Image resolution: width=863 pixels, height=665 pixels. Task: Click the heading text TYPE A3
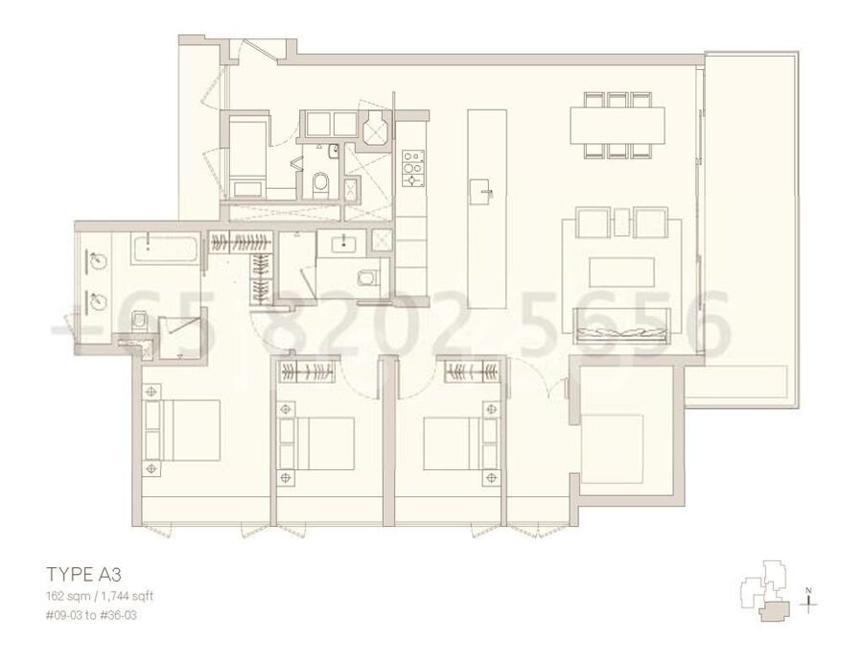(x=84, y=574)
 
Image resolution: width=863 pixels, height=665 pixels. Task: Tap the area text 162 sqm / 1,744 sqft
(x=100, y=596)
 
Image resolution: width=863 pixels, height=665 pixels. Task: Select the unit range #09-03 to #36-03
(x=91, y=614)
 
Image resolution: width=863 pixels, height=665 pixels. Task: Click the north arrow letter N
(x=808, y=591)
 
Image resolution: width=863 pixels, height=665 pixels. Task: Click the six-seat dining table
(x=617, y=126)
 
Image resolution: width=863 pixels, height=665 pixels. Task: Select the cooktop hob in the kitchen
(x=413, y=169)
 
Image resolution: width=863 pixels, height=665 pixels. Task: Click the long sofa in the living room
(x=621, y=325)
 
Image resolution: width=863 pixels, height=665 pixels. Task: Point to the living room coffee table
(x=622, y=272)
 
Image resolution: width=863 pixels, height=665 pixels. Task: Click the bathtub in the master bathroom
(x=164, y=249)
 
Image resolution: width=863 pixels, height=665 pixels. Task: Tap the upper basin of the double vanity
(x=95, y=257)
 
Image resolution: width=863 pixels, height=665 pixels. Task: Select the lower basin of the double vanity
(x=95, y=300)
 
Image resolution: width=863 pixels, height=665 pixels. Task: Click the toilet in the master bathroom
(x=140, y=321)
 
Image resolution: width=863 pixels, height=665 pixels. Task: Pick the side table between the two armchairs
(x=622, y=221)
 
